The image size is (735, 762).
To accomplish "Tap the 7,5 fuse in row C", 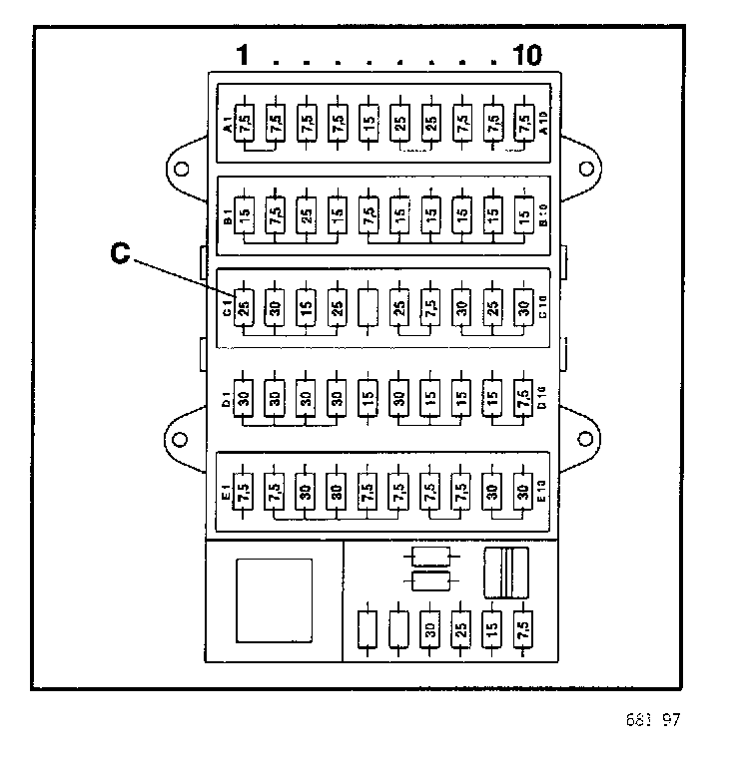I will pyautogui.click(x=430, y=306).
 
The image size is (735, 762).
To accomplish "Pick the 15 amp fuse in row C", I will pyautogui.click(x=307, y=306).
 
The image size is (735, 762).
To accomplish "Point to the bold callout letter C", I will pyautogui.click(x=120, y=254).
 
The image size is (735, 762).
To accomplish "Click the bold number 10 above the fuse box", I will pyautogui.click(x=526, y=56).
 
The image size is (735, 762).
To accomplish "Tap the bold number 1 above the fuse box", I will pyautogui.click(x=243, y=56).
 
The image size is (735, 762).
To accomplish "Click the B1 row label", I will pyautogui.click(x=228, y=215).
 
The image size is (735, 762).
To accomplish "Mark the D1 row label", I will pyautogui.click(x=228, y=398).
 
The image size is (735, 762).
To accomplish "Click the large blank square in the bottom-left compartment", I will pyautogui.click(x=274, y=601).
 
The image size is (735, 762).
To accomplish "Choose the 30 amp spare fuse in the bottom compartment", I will pyautogui.click(x=430, y=629).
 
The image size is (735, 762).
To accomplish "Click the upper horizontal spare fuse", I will pyautogui.click(x=430, y=556).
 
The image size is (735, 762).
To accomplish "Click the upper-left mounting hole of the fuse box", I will pyautogui.click(x=182, y=169).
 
